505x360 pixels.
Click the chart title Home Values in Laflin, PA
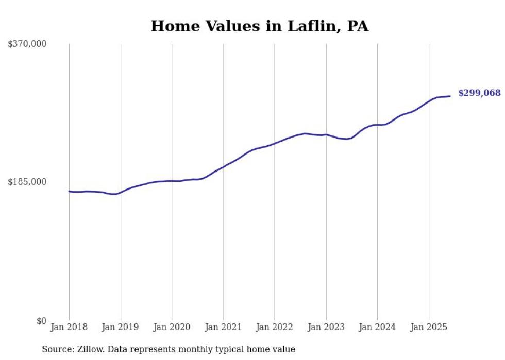(x=259, y=26)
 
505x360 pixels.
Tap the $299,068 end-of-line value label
(x=479, y=93)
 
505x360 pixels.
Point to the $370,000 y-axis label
(x=27, y=44)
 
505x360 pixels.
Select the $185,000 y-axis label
(x=27, y=182)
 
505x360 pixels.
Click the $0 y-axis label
(x=41, y=321)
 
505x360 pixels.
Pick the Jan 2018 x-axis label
(x=69, y=327)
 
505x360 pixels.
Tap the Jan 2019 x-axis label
(x=121, y=327)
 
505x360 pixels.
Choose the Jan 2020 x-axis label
(x=172, y=327)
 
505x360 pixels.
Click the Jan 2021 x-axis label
(x=223, y=327)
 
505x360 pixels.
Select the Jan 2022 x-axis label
(x=275, y=327)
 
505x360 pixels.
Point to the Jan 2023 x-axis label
(x=326, y=327)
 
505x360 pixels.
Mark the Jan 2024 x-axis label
(x=377, y=327)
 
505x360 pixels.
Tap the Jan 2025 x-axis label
(x=428, y=327)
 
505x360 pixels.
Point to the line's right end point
(x=450, y=96)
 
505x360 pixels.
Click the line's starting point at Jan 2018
(x=69, y=191)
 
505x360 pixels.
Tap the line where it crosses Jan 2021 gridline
(x=223, y=166)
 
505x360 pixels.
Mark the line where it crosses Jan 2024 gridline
(x=377, y=125)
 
